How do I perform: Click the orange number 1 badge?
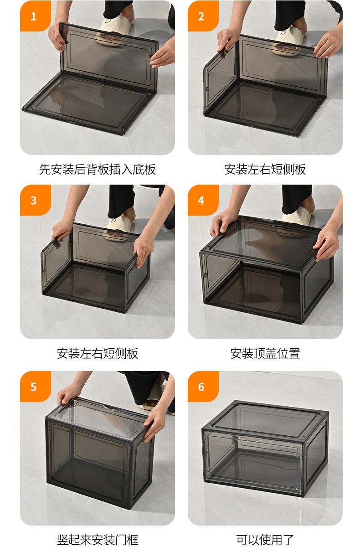pos(36,16)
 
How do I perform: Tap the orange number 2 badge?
pos(203,16)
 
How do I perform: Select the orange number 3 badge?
pos(36,200)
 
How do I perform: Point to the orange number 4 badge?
pos(203,200)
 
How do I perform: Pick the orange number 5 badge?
pos(36,387)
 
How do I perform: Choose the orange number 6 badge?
pos(203,387)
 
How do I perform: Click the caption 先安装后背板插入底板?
pos(98,169)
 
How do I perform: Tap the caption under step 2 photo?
pos(265,169)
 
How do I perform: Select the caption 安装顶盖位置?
pos(265,353)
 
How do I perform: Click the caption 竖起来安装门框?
pos(98,540)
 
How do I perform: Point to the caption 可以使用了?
pos(265,540)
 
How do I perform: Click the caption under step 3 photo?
pos(98,353)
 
